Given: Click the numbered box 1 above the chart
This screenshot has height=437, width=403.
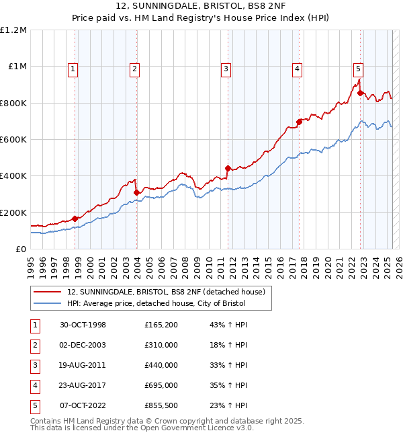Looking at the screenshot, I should click(x=72, y=68).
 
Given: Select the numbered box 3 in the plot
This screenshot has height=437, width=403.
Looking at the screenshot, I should click(x=226, y=68).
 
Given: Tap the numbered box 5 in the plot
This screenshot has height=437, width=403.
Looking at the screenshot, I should click(x=358, y=68).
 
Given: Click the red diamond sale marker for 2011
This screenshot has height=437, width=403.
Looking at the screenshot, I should click(x=228, y=168).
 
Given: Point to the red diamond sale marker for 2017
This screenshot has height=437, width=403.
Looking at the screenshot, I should click(x=300, y=122).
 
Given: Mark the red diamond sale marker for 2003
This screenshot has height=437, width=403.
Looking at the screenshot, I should click(x=136, y=192).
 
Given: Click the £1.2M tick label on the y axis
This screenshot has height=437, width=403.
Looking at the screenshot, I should click(x=13, y=30).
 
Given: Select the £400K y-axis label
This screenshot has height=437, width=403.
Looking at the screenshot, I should click(x=13, y=176).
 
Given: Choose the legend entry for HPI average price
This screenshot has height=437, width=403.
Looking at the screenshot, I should click(x=156, y=303).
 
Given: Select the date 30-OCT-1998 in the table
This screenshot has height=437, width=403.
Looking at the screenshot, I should click(x=83, y=325).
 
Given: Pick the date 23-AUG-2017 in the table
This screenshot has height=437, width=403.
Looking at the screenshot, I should click(x=83, y=385).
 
